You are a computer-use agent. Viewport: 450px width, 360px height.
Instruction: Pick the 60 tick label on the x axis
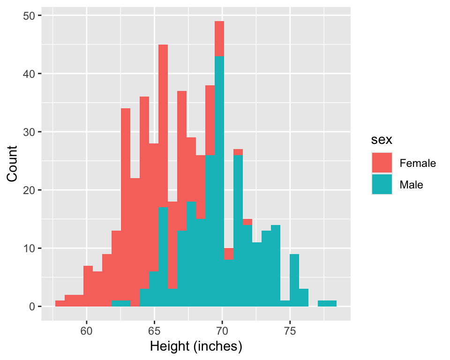[x=86, y=330]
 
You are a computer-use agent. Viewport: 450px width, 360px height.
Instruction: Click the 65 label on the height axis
[x=154, y=330]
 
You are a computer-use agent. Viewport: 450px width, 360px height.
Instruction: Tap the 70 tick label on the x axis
[x=222, y=330]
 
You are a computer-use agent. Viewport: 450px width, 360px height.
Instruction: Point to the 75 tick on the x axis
[x=290, y=330]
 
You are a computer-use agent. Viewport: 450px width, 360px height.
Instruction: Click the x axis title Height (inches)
[x=195, y=347]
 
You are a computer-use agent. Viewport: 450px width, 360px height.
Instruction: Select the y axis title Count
[x=13, y=164]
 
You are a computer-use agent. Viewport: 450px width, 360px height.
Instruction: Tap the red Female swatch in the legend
[x=382, y=163]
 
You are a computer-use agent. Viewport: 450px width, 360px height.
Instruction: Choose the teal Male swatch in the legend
[x=382, y=185]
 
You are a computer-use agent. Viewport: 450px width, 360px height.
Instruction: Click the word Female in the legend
[x=418, y=163]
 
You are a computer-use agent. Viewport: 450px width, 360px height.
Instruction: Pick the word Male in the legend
[x=411, y=185]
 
